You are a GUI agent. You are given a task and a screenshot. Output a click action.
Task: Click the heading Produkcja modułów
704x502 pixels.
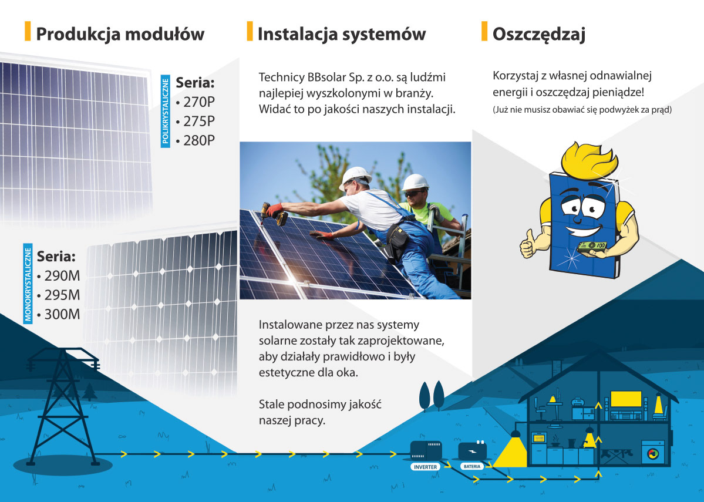click(x=120, y=34)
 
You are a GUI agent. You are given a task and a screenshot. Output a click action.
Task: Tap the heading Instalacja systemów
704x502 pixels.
click(x=342, y=34)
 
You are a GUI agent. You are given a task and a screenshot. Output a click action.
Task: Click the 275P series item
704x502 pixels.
click(x=196, y=121)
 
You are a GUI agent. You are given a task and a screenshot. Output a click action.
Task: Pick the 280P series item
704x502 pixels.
click(x=196, y=140)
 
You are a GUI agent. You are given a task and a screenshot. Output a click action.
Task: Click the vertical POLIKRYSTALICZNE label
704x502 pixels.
click(x=165, y=112)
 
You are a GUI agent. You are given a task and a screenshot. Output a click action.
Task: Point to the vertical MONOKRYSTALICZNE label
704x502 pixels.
click(x=28, y=284)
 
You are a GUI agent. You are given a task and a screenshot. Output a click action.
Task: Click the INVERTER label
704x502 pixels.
click(x=425, y=467)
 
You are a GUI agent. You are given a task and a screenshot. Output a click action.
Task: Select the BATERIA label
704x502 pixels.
click(x=472, y=467)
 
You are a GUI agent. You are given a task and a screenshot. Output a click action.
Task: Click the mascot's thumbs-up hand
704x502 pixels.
click(x=528, y=245)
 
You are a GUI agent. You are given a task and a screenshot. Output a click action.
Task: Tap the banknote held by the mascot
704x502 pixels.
click(x=592, y=247)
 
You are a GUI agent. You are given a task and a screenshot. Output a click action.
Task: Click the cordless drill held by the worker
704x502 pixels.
click(x=274, y=214)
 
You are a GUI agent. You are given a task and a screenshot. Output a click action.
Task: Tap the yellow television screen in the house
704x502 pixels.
click(x=626, y=399)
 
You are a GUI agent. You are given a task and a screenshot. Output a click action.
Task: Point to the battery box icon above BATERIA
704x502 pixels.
click(x=472, y=450)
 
